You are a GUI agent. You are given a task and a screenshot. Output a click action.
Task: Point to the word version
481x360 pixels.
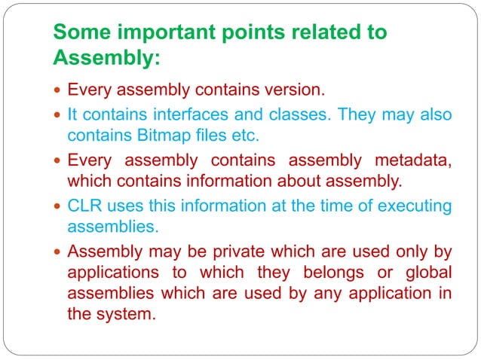293,90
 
